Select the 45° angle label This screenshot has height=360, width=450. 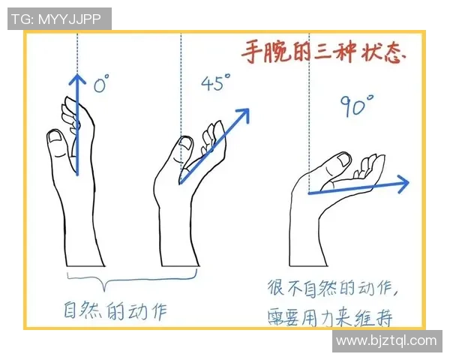click(214, 83)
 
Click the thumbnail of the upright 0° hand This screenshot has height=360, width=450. click(56, 137)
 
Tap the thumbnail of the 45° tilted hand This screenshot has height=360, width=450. click(184, 142)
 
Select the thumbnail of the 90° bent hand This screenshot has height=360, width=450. click(343, 160)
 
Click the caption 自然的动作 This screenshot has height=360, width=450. click(114, 308)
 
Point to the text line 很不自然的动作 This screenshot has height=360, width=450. click(337, 288)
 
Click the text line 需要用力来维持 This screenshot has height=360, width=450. click(331, 316)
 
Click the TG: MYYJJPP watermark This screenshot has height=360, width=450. click(59, 19)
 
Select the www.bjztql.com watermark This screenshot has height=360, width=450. click(385, 341)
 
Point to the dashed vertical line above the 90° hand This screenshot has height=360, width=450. click(310, 112)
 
